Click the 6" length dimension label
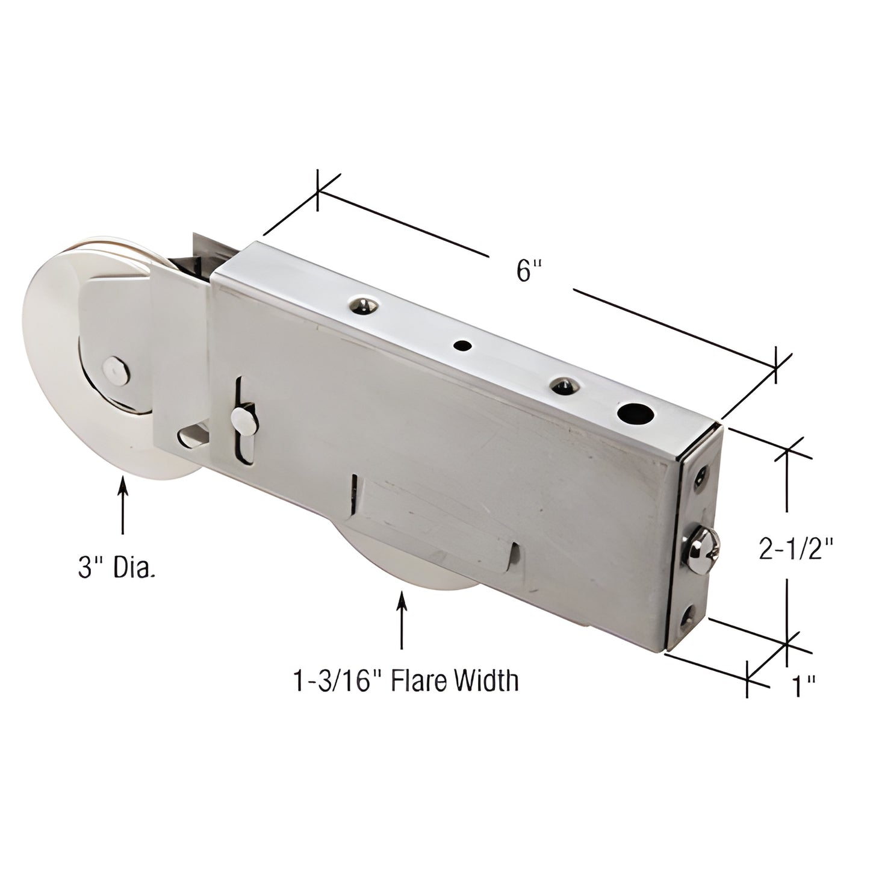[526, 272]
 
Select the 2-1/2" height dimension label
[796, 549]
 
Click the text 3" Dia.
[116, 567]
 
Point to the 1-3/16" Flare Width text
[405, 681]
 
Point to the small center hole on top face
[463, 346]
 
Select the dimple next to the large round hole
[562, 385]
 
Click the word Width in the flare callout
[486, 681]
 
